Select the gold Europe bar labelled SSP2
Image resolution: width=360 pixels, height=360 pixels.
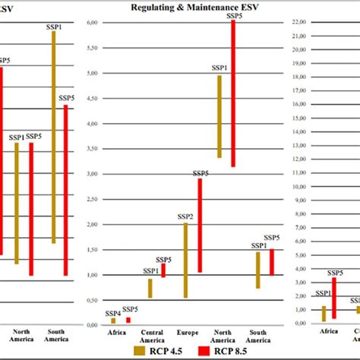[185, 261]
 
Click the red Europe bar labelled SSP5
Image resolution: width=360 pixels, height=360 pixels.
[199, 226]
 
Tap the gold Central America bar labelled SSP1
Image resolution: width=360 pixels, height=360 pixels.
[150, 288]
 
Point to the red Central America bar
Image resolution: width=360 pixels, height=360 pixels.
[163, 270]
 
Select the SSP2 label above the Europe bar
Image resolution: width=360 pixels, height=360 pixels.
[185, 217]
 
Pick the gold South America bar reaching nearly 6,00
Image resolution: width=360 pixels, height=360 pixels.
[54, 137]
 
